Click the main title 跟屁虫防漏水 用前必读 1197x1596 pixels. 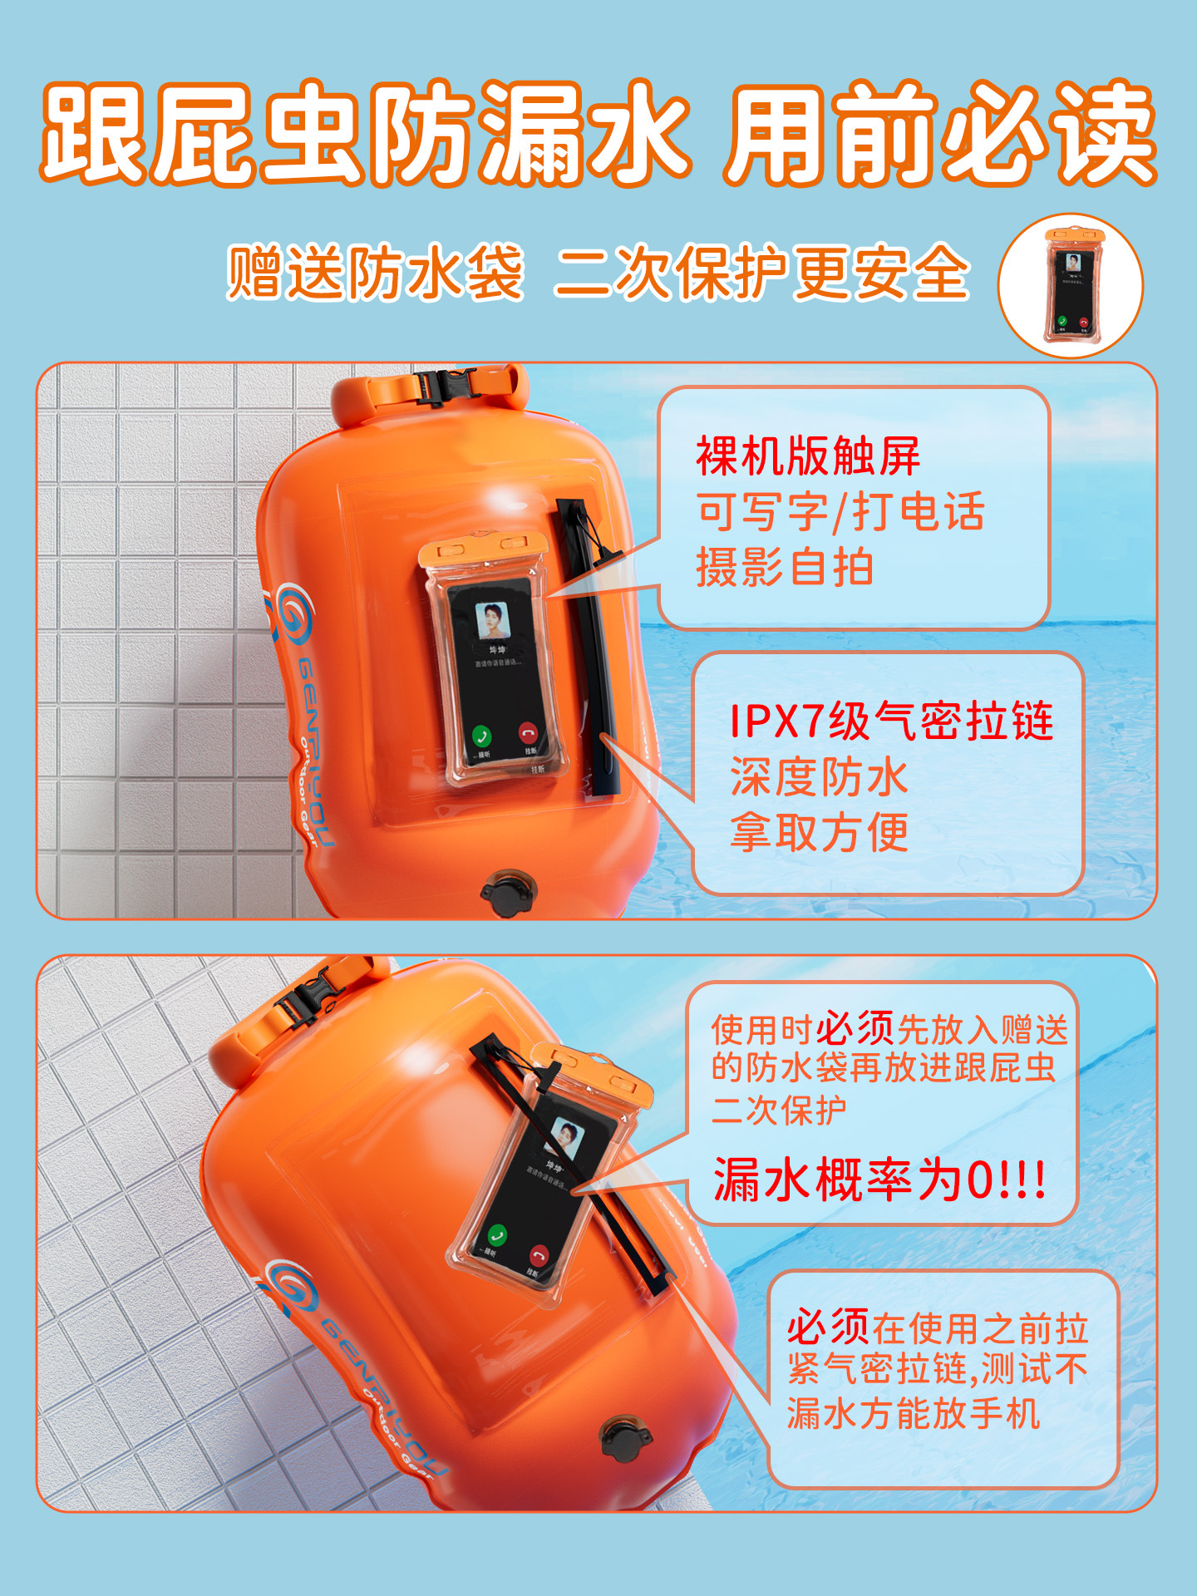598,133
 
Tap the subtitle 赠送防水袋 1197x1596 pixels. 376,273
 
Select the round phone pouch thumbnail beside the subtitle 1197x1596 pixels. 1071,285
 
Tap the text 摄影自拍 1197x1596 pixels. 784,568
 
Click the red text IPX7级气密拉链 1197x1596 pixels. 891,721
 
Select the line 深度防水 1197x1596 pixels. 819,777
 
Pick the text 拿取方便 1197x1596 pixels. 819,833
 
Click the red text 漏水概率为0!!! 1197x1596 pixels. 879,1180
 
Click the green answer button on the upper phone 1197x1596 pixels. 481,735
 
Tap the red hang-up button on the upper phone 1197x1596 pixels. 528,732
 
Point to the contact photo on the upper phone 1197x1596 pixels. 492,620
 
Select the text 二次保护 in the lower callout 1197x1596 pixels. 779,1110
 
